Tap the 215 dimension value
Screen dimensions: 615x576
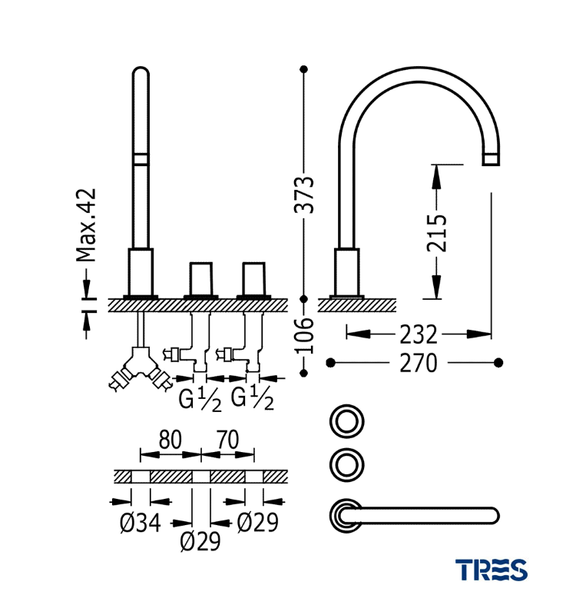[x=436, y=231]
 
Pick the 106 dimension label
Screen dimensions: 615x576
[x=305, y=335]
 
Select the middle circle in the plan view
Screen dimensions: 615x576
[x=346, y=464]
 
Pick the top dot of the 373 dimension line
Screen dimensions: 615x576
[x=305, y=68]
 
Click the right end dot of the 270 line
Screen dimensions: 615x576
[x=498, y=362]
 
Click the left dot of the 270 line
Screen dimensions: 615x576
[x=330, y=362]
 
